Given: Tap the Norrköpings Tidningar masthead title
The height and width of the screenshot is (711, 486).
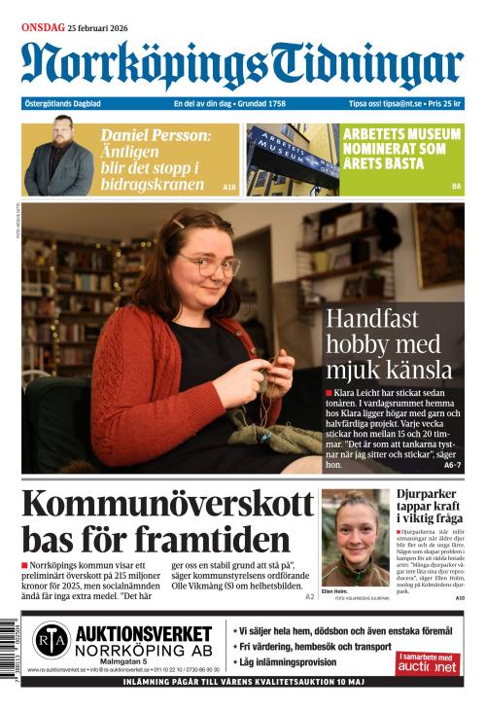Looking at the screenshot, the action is (x=242, y=65).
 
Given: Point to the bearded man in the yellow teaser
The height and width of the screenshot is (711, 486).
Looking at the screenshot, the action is (x=58, y=158).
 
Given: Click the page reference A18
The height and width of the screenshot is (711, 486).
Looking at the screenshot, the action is (x=229, y=187).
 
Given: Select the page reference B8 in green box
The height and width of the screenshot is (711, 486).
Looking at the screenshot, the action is (x=456, y=186).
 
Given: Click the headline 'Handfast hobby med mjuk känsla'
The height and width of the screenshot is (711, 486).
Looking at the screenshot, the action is (x=389, y=343).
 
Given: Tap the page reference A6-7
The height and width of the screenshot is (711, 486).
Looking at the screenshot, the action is (x=452, y=466).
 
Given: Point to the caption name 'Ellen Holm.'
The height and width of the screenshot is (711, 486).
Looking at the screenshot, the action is (x=335, y=590).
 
